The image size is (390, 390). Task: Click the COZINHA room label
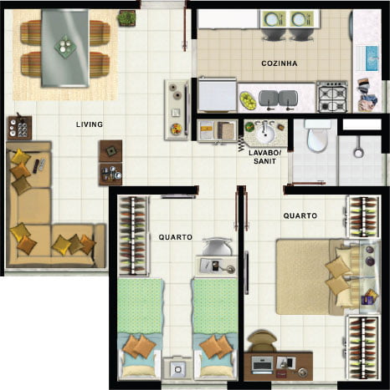pyautogui.click(x=280, y=63)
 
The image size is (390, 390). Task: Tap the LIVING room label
pyautogui.click(x=90, y=124)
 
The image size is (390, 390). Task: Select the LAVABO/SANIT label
pyautogui.click(x=265, y=157)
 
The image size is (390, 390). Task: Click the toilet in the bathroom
pyautogui.click(x=317, y=136)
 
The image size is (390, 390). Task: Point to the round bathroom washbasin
pyautogui.click(x=265, y=133)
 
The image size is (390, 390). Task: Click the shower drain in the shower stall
pyautogui.click(x=358, y=153)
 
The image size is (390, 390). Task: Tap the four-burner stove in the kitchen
pyautogui.click(x=332, y=97)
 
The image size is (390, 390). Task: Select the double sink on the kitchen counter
pyautogui.click(x=278, y=99)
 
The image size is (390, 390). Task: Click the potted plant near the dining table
pyautogui.click(x=127, y=18)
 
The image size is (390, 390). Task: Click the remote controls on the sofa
pyautogui.click(x=39, y=165)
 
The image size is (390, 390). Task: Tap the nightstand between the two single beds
pyautogui.click(x=177, y=367)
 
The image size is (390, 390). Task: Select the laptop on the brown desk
pyautogui.click(x=262, y=365)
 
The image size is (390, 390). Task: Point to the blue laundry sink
pyautogui.click(x=372, y=58)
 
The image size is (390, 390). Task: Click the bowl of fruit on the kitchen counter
pyautogui.click(x=248, y=100)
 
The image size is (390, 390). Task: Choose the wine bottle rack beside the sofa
pyautogui.click(x=19, y=128)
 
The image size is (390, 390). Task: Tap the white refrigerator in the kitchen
pyautogui.click(x=217, y=94)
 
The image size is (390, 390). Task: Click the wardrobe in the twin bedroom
pyautogui.click(x=133, y=236)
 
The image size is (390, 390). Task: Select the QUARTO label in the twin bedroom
pyautogui.click(x=176, y=237)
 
